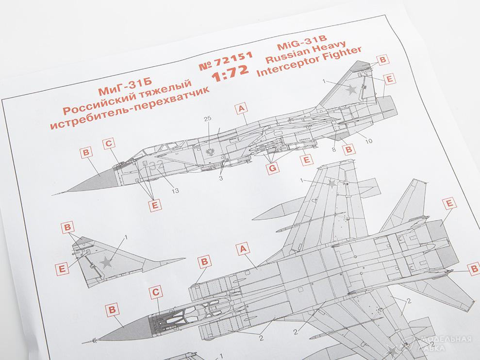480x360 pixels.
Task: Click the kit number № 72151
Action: [x=226, y=61]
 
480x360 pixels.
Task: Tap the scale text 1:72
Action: [x=230, y=74]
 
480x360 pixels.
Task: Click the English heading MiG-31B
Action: [x=302, y=43]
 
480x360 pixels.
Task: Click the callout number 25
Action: [x=208, y=118]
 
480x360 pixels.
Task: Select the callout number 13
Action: [x=175, y=191]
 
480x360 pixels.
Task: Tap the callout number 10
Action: [x=369, y=141]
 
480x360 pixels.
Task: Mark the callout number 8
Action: [x=334, y=149]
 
